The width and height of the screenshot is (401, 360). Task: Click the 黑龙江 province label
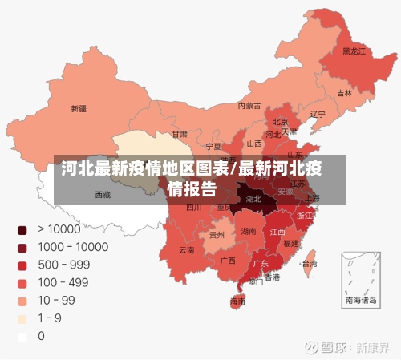(x=354, y=51)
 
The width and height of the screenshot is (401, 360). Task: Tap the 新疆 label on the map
(x=79, y=108)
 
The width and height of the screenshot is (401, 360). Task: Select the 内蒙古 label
(x=249, y=105)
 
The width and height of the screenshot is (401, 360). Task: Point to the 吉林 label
(x=344, y=93)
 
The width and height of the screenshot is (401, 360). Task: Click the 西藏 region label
(x=103, y=194)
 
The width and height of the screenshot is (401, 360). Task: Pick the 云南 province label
(x=186, y=250)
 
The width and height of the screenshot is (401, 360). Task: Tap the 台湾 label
(x=308, y=263)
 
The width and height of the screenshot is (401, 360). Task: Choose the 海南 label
(x=237, y=302)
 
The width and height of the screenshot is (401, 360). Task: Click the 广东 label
(x=261, y=263)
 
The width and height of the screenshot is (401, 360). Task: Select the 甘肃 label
(x=180, y=134)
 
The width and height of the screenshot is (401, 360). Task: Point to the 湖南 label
(x=249, y=231)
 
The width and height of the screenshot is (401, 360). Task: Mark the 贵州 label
(x=217, y=235)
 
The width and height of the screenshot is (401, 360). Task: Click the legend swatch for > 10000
(x=22, y=230)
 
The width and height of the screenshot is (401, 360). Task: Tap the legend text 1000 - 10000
(x=73, y=248)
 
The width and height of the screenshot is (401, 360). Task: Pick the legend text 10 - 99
(x=56, y=301)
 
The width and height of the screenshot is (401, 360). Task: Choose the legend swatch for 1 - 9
(x=22, y=318)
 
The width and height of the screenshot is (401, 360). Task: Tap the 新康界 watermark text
(x=373, y=348)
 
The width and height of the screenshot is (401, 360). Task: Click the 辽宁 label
(x=318, y=114)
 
